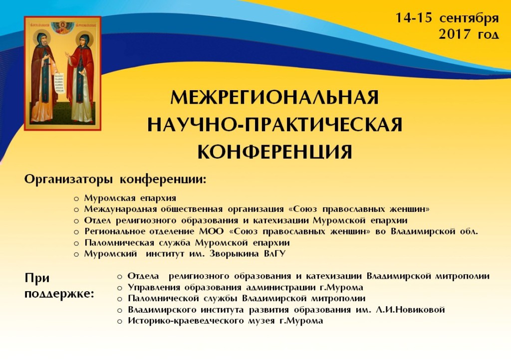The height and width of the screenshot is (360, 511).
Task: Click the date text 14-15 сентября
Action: tap(447, 18)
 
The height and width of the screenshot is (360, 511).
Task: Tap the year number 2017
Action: tap(455, 34)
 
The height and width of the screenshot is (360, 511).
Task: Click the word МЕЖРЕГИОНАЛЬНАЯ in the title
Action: tap(275, 97)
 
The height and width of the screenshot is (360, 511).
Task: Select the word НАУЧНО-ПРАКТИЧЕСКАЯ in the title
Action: tap(275, 125)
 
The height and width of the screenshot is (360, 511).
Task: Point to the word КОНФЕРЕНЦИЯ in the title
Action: tap(275, 152)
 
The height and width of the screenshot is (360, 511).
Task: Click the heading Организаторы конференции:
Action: tap(115, 180)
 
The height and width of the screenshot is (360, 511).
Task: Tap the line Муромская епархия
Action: tap(130, 198)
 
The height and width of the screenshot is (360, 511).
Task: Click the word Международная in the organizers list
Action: tap(120, 209)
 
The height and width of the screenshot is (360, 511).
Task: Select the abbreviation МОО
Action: tap(211, 231)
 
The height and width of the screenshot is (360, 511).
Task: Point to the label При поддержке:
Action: tap(59, 286)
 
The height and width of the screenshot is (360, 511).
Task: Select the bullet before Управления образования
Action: tap(120, 288)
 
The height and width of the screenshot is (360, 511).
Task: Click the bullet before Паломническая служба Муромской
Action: tap(76, 243)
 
